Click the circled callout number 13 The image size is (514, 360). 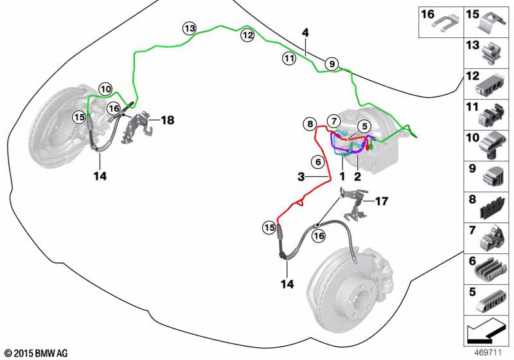coord(188,28)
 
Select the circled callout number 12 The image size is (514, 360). coord(247,36)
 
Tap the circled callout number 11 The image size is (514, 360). coord(288,59)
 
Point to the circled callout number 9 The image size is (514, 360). coord(331,64)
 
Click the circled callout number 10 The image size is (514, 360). coord(106,89)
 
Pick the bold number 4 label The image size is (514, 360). coord(305,32)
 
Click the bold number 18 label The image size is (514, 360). coord(167,120)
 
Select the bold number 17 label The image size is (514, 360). coord(382,201)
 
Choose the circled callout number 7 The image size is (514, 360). coord(333,121)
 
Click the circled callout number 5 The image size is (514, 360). coord(363,127)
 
